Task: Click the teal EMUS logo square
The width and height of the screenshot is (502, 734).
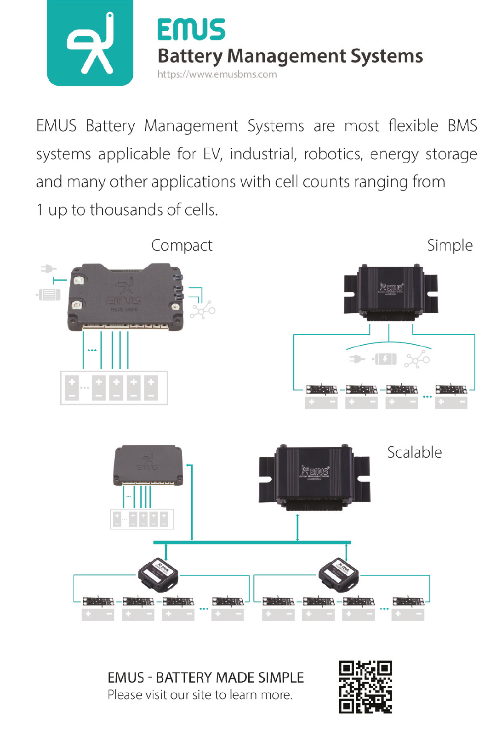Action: [90, 43]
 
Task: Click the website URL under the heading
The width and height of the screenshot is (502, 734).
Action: [217, 74]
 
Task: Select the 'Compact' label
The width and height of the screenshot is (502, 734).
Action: [182, 246]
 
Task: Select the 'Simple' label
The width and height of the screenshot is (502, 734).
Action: [450, 246]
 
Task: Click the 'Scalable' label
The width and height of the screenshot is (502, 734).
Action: [414, 453]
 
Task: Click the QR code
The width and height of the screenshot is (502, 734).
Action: [365, 687]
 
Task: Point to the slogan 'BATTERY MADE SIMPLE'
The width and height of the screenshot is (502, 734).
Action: [230, 678]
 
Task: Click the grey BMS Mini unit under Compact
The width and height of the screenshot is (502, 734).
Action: [125, 297]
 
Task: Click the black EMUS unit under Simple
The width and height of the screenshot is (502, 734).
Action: [391, 292]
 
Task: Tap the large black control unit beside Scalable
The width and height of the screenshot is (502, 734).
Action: [314, 475]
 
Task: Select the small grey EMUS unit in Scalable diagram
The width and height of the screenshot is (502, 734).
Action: [148, 465]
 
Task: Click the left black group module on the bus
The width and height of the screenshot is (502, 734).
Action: [158, 576]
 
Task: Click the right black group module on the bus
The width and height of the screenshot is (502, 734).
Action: [339, 576]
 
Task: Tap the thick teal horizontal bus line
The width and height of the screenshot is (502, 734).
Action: [252, 543]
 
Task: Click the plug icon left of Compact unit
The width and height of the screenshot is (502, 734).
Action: [48, 269]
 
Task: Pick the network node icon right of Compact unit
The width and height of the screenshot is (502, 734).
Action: [203, 311]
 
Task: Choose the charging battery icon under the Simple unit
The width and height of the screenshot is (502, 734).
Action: [385, 359]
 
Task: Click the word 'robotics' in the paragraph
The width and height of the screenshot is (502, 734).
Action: [333, 154]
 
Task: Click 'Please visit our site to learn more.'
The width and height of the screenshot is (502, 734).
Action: [200, 695]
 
